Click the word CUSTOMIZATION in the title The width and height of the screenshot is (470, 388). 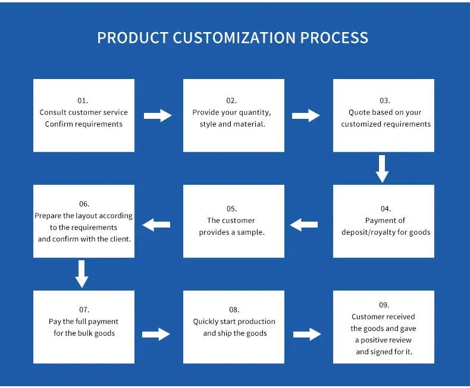click(234, 37)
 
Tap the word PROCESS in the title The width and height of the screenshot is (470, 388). click(334, 37)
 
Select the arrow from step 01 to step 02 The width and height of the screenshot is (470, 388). click(158, 115)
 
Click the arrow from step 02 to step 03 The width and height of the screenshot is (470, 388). click(306, 115)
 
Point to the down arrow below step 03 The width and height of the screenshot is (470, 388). click(382, 169)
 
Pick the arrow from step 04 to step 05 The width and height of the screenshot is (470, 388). click(304, 225)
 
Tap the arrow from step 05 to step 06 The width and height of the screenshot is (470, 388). click(156, 225)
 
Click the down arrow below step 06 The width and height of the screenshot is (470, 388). click(82, 275)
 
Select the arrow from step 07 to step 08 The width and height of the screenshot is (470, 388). click(156, 334)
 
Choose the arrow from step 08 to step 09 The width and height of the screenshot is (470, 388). click(307, 334)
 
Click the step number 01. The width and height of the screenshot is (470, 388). click(83, 100)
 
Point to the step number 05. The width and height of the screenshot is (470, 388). click(231, 209)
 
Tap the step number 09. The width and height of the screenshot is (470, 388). click(384, 305)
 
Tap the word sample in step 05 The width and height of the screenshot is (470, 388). click(251, 232)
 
